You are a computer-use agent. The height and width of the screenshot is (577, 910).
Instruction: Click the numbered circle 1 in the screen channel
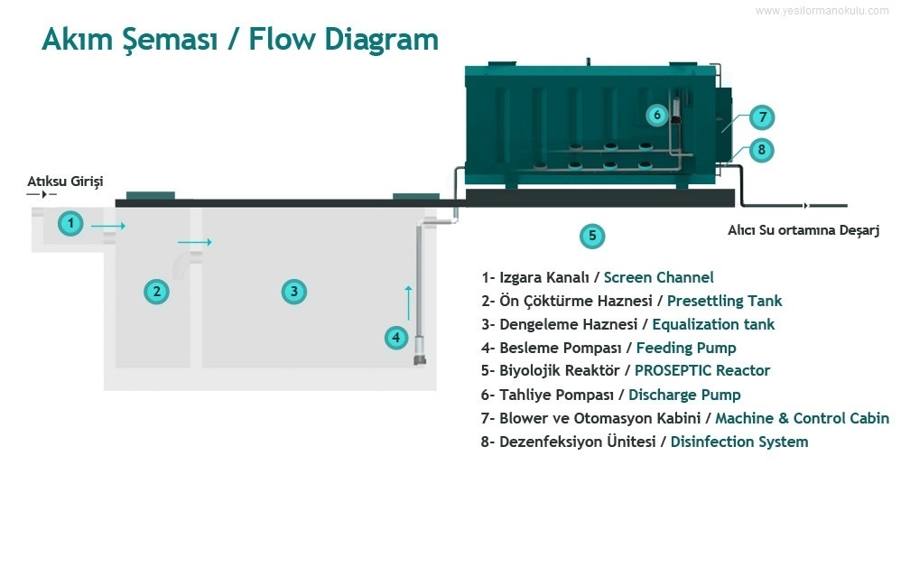70,222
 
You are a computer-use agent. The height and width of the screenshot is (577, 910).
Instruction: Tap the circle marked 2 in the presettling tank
157,291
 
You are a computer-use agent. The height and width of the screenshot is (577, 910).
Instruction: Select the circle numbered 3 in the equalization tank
293,291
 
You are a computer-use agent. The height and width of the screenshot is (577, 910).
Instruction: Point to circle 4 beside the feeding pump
395,338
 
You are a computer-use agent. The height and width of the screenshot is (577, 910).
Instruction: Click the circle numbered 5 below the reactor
591,237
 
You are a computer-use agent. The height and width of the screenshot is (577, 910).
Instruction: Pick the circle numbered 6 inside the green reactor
657,115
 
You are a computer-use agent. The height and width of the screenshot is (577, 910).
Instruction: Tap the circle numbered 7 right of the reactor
762,117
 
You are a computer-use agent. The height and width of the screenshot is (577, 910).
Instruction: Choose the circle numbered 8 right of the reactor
762,149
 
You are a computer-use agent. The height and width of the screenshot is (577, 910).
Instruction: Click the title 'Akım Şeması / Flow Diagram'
240,40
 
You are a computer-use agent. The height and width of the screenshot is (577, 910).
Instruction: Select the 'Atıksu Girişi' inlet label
65,181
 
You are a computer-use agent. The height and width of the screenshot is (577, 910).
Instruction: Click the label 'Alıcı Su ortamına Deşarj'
803,230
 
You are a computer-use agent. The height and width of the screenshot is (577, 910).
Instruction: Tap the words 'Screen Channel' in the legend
658,277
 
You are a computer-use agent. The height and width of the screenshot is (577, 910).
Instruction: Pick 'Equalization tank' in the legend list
713,324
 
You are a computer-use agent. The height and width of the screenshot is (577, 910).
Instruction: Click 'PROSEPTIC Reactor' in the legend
702,371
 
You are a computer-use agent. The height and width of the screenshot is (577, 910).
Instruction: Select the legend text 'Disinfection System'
738,442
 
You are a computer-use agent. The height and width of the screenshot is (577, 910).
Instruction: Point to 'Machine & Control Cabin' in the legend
802,418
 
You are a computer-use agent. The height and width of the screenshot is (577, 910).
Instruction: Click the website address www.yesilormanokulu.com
822,11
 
